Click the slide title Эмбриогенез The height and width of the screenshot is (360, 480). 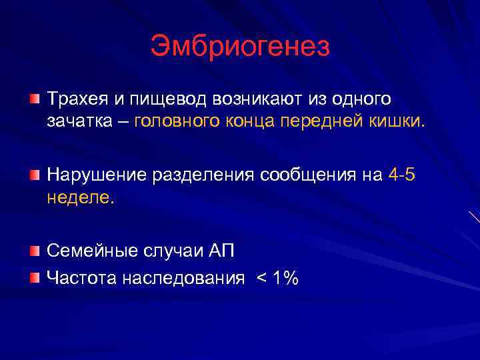tap(240, 47)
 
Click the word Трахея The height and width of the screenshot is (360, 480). tap(74, 99)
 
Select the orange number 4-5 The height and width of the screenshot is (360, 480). tap(403, 175)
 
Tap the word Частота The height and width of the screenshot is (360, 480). tap(81, 279)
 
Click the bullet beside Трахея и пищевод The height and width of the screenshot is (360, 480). tap(34, 99)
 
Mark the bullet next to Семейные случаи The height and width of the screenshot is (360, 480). tap(34, 250)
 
